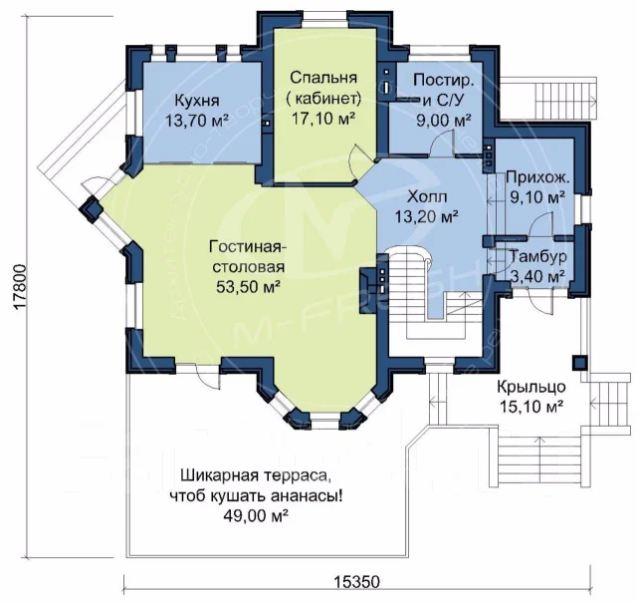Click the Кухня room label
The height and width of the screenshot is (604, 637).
197,100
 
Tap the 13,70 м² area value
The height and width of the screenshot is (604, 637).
197,121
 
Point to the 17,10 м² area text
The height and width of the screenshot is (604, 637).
323,118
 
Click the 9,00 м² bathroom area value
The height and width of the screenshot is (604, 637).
444,120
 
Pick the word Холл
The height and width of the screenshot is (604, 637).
427,197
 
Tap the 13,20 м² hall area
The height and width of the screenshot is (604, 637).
427,217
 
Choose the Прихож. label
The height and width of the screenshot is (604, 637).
537,177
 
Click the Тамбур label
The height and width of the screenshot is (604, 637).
537,256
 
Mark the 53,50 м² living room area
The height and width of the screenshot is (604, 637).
248,287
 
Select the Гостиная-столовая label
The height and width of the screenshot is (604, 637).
247,257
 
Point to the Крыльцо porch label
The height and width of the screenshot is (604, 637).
531,387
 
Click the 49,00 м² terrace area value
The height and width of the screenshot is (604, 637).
256,515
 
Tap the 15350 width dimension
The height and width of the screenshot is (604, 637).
357,582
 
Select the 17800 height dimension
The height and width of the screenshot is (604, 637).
20,288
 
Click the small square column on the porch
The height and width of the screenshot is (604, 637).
579,363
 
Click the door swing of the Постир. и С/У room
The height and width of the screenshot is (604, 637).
442,143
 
